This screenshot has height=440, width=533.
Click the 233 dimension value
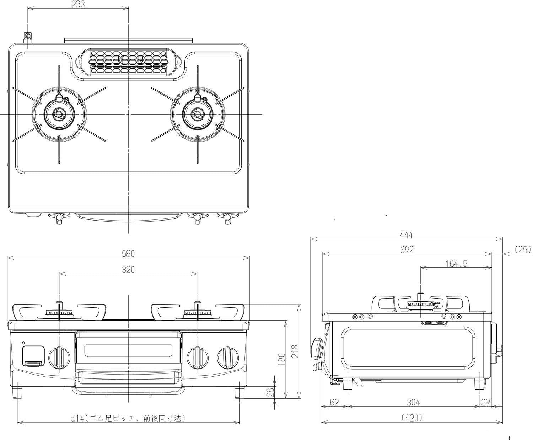pyautogui.click(x=78, y=4)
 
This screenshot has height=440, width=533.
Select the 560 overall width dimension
pyautogui.click(x=128, y=254)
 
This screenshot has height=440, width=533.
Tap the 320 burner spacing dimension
pyautogui.click(x=128, y=270)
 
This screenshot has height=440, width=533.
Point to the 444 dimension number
pyautogui.click(x=407, y=235)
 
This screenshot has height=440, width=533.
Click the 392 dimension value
pyautogui.click(x=407, y=250)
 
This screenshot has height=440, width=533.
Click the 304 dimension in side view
pyautogui.click(x=414, y=402)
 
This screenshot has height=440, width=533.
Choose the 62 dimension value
pyautogui.click(x=334, y=402)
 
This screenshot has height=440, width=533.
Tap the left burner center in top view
pyautogui.click(x=59, y=114)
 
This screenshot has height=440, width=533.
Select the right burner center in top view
pyautogui.click(x=198, y=114)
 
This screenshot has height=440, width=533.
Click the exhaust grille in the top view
pyautogui.click(x=128, y=62)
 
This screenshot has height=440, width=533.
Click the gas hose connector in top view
pyautogui.click(x=27, y=38)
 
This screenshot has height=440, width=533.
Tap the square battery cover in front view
pyautogui.click(x=33, y=356)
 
